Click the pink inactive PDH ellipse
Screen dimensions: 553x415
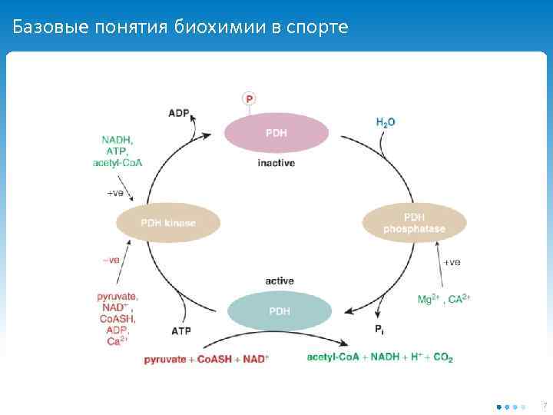click(x=276, y=133)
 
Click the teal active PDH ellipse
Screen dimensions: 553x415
click(x=280, y=311)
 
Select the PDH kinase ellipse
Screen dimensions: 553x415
click(x=168, y=224)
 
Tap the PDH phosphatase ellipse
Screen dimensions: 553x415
click(x=414, y=223)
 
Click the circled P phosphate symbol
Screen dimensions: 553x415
click(x=249, y=98)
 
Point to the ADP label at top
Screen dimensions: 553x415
click(x=179, y=113)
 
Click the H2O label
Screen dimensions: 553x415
click(x=386, y=121)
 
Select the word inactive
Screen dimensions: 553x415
click(x=276, y=163)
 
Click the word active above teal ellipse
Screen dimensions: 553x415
click(x=280, y=281)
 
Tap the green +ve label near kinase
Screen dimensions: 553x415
click(x=114, y=192)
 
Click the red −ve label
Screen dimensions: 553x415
click(x=111, y=260)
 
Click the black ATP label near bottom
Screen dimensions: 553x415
click(x=181, y=331)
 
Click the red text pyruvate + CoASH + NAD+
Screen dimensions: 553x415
click(x=206, y=359)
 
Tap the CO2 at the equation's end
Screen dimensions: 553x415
click(x=443, y=357)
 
